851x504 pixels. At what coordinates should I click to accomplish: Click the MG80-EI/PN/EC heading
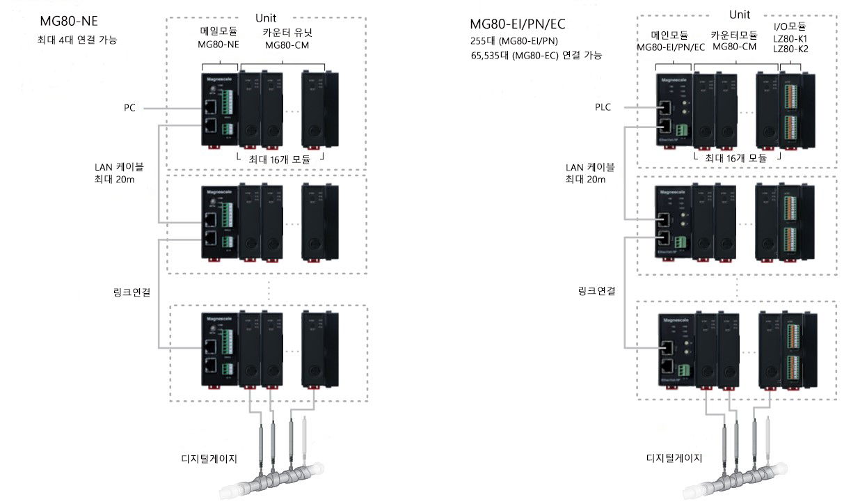click(x=518, y=24)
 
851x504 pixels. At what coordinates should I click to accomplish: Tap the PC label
click(x=129, y=108)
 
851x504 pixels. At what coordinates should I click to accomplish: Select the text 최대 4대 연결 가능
click(x=77, y=40)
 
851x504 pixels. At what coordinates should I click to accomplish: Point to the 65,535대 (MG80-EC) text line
click(x=536, y=55)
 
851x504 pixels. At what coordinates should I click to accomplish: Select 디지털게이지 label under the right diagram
click(x=674, y=458)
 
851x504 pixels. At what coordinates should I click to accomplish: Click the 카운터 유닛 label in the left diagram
click(x=286, y=33)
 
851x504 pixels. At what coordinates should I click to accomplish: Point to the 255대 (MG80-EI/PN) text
click(x=514, y=41)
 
